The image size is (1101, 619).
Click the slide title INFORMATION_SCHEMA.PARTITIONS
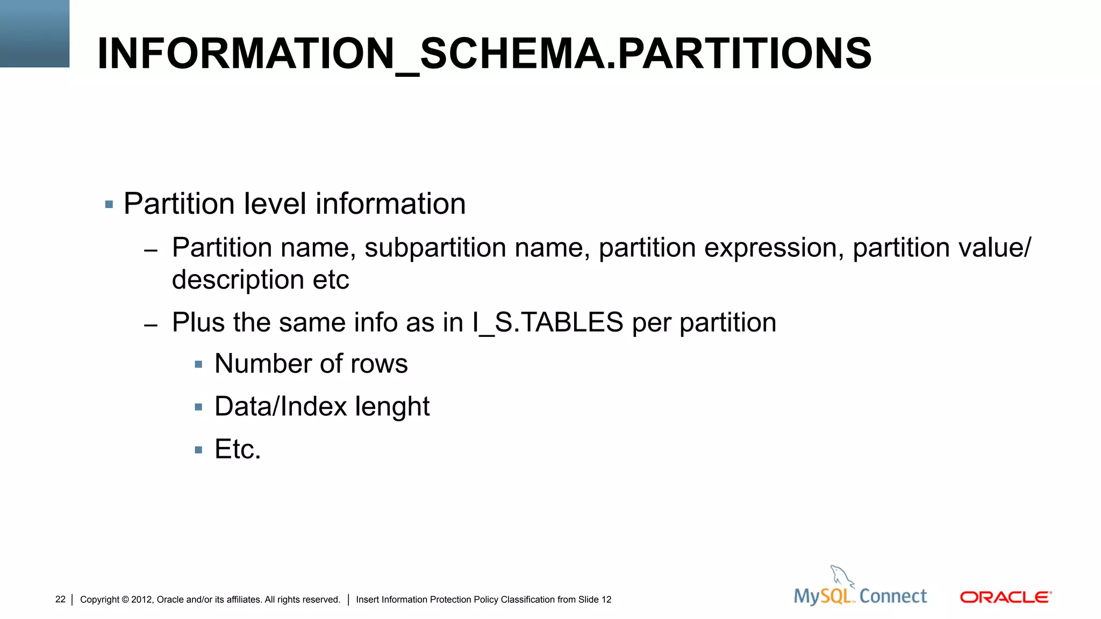[484, 54]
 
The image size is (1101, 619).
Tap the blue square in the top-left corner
[34, 33]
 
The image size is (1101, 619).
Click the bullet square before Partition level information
[109, 205]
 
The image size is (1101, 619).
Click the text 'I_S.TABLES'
[548, 323]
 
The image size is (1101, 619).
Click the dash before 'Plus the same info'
[151, 325]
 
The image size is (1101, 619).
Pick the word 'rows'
[379, 364]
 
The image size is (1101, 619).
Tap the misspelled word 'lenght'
[392, 407]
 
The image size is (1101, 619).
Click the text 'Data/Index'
[281, 407]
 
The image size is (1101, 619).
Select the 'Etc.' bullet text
[238, 449]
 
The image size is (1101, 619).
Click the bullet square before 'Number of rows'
[198, 365]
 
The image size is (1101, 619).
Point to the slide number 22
[60, 600]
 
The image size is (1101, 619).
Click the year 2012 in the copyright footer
[141, 600]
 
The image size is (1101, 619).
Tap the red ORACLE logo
[1005, 598]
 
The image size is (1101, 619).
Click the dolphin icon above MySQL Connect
[841, 576]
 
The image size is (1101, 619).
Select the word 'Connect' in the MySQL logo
[893, 596]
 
